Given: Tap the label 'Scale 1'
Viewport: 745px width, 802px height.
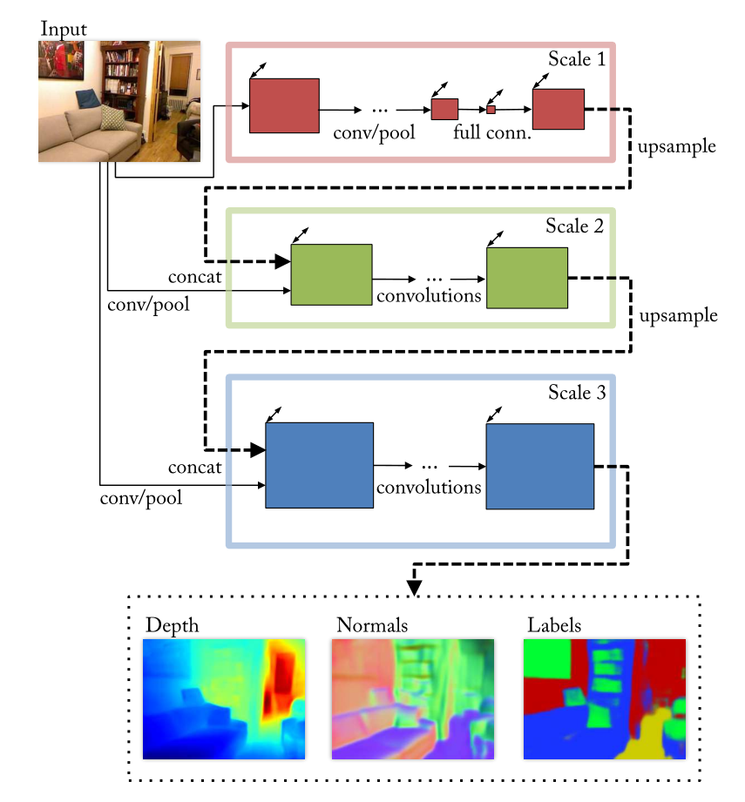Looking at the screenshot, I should point(576,60).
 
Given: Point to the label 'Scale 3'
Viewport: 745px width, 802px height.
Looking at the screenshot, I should point(576,392).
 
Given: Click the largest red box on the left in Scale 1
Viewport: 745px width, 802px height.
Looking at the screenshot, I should point(284,105).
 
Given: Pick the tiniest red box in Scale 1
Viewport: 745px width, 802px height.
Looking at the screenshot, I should point(491,110).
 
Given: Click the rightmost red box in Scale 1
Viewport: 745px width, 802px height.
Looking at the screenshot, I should point(558,109).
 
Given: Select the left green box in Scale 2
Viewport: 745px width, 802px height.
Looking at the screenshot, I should point(331,274).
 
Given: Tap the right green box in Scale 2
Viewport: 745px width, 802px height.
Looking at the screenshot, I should point(527,278).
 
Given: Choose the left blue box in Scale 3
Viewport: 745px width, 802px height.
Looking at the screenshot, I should point(319,465).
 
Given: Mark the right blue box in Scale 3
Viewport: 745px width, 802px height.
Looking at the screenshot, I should point(540,466).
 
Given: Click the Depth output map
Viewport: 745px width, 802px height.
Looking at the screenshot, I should point(224,698).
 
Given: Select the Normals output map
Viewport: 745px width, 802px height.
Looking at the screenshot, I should point(413,698).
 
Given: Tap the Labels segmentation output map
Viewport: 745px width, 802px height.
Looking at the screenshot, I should point(605,698).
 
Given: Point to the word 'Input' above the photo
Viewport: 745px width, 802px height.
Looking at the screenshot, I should point(64,27).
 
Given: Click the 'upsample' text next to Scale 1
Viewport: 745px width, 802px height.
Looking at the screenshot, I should point(676,146).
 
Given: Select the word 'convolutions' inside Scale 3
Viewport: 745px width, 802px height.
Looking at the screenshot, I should point(429,487).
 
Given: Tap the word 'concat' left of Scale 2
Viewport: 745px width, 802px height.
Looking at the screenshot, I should point(195,277).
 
